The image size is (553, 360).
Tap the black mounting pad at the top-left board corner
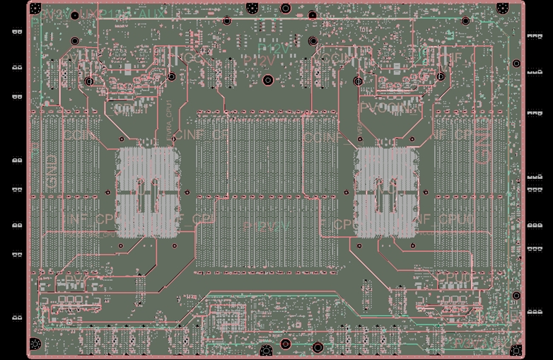tap(36, 8)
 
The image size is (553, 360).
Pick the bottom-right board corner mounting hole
tap(517, 349)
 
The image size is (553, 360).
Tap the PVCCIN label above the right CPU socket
tap(383, 108)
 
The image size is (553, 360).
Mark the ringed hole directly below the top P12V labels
tap(268, 80)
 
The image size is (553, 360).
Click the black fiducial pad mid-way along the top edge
tap(252, 8)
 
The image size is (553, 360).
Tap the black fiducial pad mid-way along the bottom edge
tap(266, 350)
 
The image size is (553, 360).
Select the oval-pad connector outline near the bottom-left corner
tap(71, 305)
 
